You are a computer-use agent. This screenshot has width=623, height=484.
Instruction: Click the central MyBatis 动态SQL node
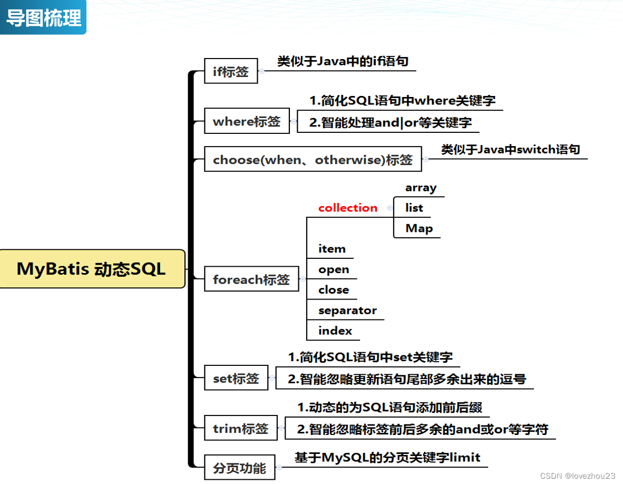[92, 269]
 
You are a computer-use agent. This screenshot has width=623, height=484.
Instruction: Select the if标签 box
[231, 71]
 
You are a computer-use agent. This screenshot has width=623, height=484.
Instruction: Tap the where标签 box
[247, 121]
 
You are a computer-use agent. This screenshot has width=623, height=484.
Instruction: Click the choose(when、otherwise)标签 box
[313, 159]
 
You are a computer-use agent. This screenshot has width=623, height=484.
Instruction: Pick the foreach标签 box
[251, 279]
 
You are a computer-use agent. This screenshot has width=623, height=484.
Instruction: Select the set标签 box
[236, 378]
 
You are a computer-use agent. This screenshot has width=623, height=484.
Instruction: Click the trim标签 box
[241, 428]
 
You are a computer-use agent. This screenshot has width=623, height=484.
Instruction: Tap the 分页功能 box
[239, 467]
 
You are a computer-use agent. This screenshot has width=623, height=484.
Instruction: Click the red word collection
[348, 208]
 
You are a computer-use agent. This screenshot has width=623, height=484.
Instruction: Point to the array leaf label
[421, 188]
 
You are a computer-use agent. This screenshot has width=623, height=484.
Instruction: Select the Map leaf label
[419, 228]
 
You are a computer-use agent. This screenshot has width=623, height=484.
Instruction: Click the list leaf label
[414, 208]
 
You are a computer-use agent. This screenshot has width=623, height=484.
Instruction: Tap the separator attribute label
[347, 311]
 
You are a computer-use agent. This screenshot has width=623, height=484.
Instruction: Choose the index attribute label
[335, 331]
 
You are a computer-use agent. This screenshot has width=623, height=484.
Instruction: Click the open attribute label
[334, 269]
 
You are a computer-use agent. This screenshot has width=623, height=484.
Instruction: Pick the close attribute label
[334, 289]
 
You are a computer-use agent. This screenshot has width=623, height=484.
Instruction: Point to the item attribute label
[332, 249]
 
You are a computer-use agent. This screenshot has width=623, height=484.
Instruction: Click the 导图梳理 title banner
[43, 17]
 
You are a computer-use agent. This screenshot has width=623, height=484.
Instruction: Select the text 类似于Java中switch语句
[510, 149]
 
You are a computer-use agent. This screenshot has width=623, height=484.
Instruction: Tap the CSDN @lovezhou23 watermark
[578, 476]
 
